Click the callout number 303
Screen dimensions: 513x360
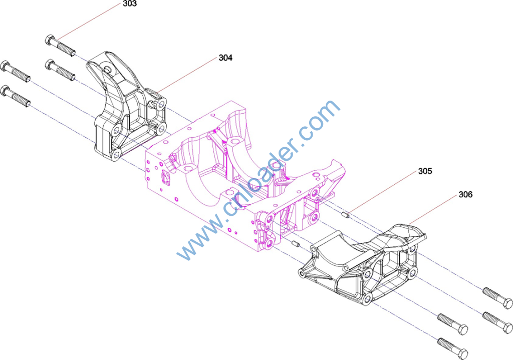click(x=130, y=4)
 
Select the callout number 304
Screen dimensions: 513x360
click(x=225, y=58)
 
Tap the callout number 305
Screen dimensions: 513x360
click(x=425, y=171)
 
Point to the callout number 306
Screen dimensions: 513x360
click(x=465, y=195)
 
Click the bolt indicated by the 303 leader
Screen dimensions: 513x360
click(x=60, y=46)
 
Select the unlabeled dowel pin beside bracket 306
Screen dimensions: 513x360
click(x=296, y=244)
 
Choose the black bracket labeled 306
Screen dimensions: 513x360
click(x=363, y=264)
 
